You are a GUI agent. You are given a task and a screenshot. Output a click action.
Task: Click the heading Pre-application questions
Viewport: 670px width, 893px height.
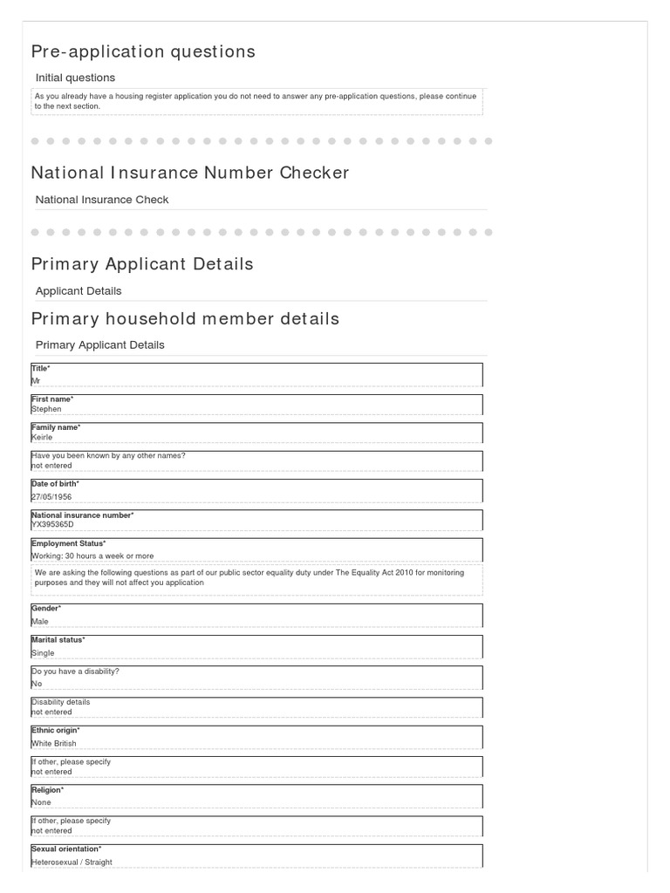143,51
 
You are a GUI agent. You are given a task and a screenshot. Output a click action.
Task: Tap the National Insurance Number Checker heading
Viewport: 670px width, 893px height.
190,173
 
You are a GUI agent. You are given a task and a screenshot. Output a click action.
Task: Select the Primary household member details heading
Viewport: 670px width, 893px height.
185,318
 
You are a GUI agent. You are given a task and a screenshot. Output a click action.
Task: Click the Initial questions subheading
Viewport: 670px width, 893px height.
75,78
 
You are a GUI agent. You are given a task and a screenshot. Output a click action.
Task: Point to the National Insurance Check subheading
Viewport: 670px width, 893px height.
102,200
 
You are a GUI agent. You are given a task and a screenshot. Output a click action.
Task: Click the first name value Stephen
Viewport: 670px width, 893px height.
46,409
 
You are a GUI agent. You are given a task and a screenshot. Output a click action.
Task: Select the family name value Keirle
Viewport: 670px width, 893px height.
42,438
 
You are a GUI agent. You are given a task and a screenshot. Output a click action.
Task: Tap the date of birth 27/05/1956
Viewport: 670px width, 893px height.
51,497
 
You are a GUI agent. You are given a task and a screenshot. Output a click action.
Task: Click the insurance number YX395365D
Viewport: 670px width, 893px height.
52,525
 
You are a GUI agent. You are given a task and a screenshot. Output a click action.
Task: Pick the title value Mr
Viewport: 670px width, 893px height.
36,381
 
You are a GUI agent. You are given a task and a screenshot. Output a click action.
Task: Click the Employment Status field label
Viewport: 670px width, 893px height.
68,543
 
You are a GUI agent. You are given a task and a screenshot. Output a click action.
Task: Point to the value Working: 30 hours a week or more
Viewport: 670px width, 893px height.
92,556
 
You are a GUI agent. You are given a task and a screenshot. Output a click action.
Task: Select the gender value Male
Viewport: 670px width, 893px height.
40,622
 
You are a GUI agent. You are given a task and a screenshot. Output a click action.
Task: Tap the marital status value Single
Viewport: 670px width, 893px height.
43,653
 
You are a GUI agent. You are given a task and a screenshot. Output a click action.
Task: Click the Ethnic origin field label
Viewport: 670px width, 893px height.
55,731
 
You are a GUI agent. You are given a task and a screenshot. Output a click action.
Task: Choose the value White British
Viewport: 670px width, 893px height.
54,744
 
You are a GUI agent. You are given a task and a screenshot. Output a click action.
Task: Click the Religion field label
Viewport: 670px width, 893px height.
47,790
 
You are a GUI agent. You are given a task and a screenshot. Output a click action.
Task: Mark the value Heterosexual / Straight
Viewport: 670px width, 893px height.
72,862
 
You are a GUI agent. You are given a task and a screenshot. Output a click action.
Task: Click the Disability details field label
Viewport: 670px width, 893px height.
60,702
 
